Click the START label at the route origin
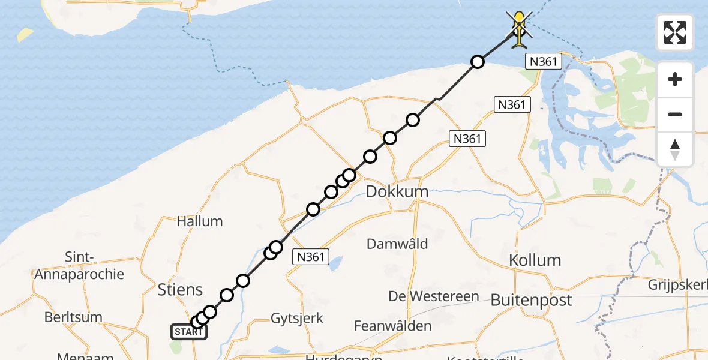point(189,332)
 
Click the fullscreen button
point(675,32)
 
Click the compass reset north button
point(675,149)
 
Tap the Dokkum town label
point(397,192)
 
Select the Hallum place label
point(200,221)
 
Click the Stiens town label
point(180,290)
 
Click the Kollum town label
point(535,260)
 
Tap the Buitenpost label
point(531,301)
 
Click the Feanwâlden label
point(392,326)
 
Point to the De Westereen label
point(434,296)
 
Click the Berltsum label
point(73,317)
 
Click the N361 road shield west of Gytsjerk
point(311,257)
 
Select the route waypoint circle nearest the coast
point(477,62)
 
